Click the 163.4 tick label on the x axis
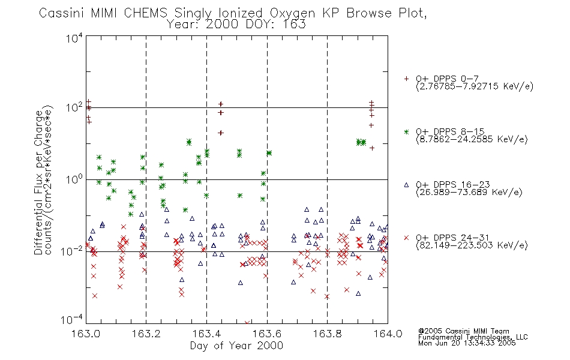pyautogui.click(x=206, y=334)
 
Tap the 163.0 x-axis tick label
pyautogui.click(x=86, y=334)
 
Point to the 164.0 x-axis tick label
pyautogui.click(x=388, y=334)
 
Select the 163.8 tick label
pyautogui.click(x=327, y=334)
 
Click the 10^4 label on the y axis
pyautogui.click(x=74, y=38)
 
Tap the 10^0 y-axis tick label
pyautogui.click(x=74, y=179)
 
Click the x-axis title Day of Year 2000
pyautogui.click(x=236, y=346)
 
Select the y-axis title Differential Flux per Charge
pyautogui.click(x=38, y=181)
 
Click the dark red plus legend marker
pyautogui.click(x=406, y=79)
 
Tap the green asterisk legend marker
pyautogui.click(x=406, y=131)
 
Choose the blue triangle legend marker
pyautogui.click(x=406, y=185)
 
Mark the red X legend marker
pyautogui.click(x=406, y=238)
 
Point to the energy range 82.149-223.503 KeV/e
pyautogui.click(x=472, y=245)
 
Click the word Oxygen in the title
pyautogui.click(x=293, y=13)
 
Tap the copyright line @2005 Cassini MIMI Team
pyautogui.click(x=464, y=331)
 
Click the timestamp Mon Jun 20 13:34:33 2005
pyautogui.click(x=467, y=343)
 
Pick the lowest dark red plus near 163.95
pyautogui.click(x=372, y=148)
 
